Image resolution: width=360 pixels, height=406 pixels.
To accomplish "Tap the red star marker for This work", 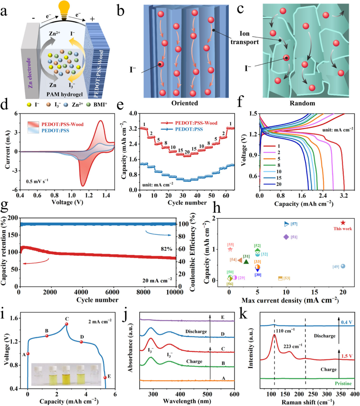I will [343, 223].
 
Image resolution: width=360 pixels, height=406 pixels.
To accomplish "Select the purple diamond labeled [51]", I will [286, 237].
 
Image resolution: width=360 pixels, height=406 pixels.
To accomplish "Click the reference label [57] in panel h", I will [294, 224].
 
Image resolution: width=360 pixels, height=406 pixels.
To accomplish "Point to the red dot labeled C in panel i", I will [67, 324].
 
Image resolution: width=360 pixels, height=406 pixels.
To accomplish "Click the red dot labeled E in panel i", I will [105, 377].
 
